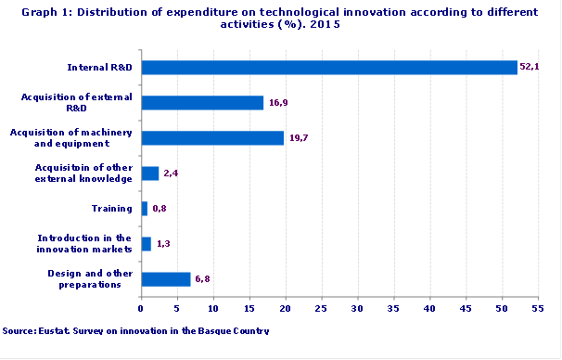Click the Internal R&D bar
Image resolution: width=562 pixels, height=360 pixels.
pos(328,67)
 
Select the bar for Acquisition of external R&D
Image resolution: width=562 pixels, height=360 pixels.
pos(202,102)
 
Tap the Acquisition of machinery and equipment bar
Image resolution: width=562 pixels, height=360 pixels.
pos(212,137)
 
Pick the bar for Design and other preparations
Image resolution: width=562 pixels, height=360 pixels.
pos(165,278)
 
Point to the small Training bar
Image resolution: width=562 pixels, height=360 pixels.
pos(144,208)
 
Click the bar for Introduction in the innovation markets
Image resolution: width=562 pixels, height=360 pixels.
pos(146,243)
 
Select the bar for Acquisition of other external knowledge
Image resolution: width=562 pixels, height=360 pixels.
pos(149,173)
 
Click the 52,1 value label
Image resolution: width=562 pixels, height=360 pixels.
pos(530,67)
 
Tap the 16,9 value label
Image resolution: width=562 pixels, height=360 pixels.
pos(277,102)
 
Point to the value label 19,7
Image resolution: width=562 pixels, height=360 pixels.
pos(298,137)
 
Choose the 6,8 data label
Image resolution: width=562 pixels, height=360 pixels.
pos(201,278)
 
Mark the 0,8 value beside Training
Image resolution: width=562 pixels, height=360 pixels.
pos(159,208)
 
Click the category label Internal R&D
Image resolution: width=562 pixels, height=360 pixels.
pos(101,67)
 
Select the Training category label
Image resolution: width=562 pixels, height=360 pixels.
pos(111,208)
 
